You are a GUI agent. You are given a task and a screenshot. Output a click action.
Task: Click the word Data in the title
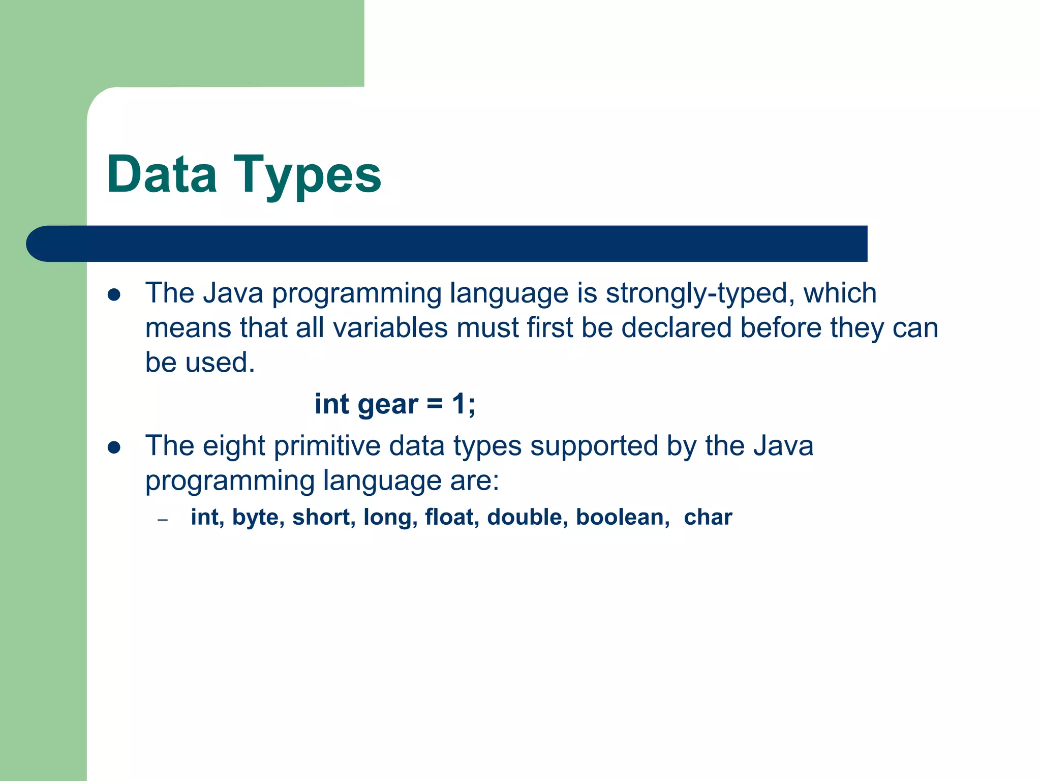click(162, 174)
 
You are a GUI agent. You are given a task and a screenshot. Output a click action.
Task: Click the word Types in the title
click(307, 175)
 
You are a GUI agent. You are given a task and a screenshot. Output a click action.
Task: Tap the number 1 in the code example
click(459, 404)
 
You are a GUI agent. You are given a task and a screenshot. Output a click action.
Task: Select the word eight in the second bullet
click(234, 447)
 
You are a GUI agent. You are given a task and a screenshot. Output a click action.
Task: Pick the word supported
click(594, 447)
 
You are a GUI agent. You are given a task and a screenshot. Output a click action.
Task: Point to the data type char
click(708, 517)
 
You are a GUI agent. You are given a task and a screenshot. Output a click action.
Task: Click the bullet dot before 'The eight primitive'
click(114, 447)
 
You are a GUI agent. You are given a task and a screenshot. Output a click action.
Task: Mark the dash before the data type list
click(163, 520)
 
